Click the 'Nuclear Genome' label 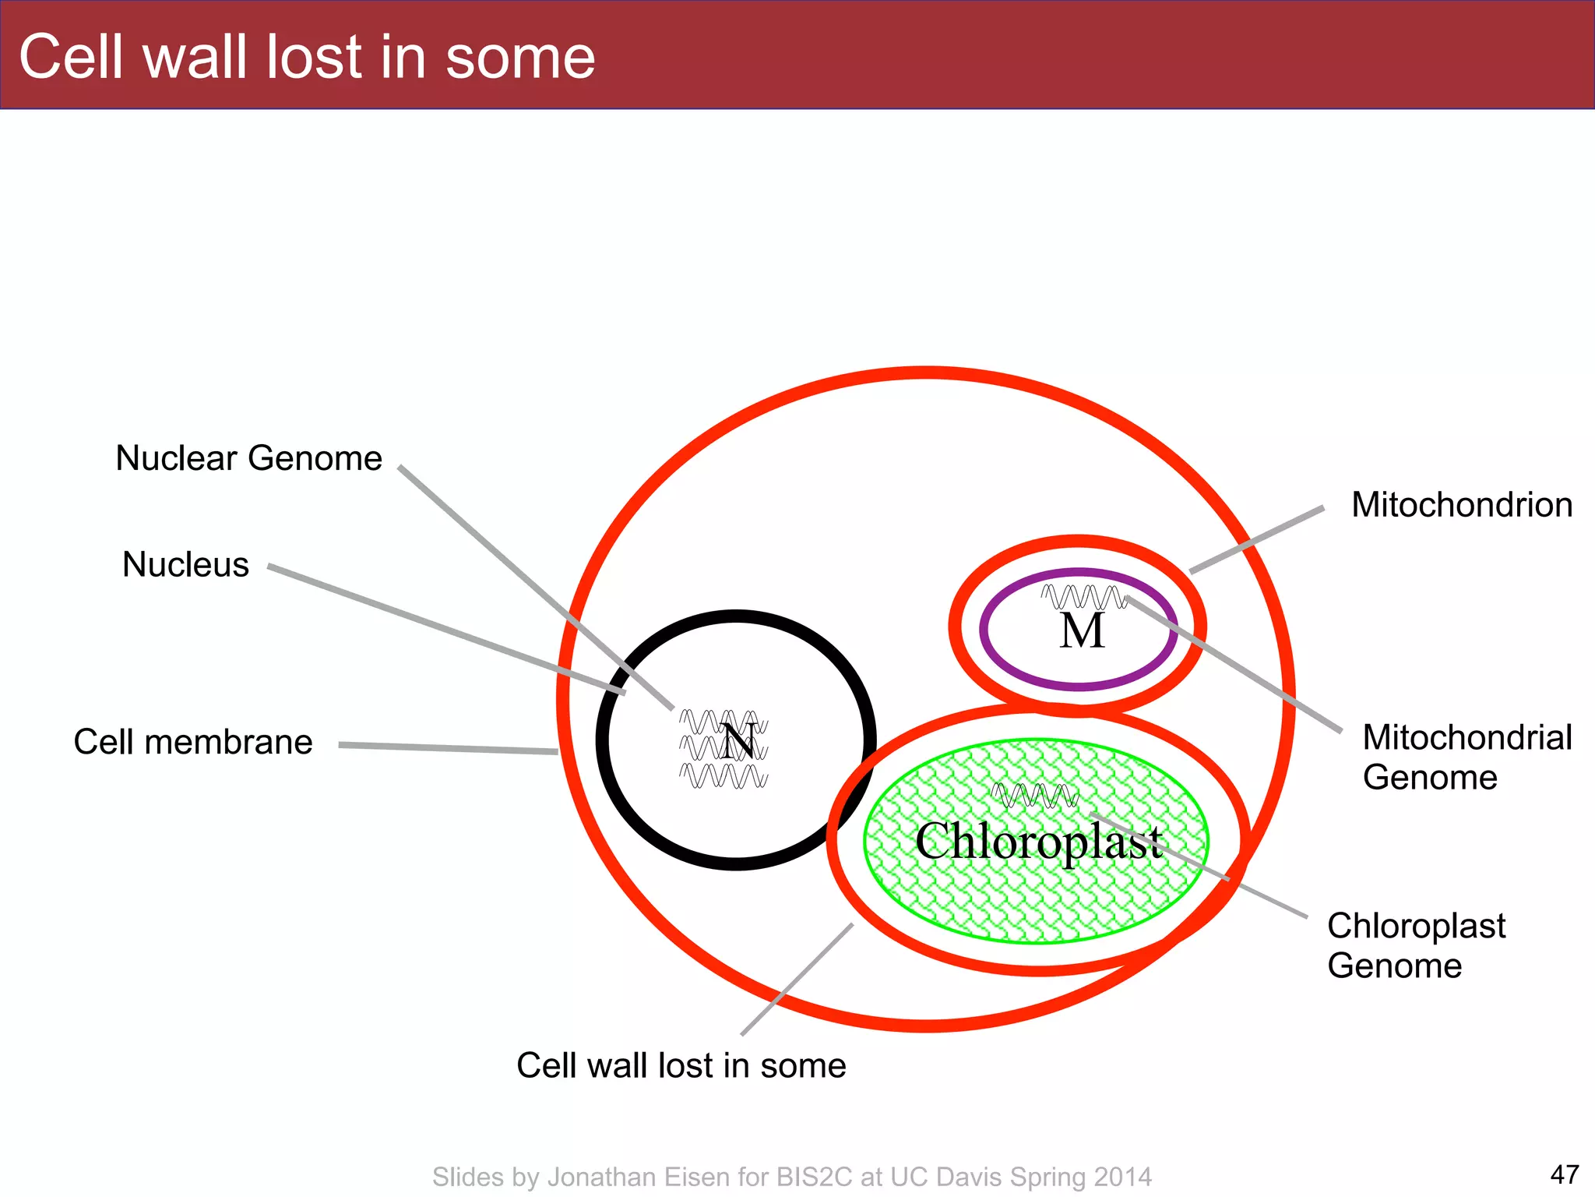coord(248,458)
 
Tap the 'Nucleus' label coord(185,564)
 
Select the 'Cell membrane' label coord(193,742)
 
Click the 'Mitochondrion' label coord(1462,505)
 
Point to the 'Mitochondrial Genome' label coord(1466,757)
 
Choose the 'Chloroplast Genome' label coord(1416,945)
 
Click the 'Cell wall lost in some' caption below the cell coord(681,1065)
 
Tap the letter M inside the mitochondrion coord(1082,631)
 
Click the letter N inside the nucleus coord(738,742)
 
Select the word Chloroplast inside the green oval coord(1038,842)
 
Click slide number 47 coord(1564,1174)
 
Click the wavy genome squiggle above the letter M coord(1083,597)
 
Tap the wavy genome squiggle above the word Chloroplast coord(1034,796)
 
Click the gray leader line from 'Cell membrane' coord(448,748)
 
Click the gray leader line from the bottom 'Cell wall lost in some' coord(797,980)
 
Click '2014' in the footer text coord(1122,1177)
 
